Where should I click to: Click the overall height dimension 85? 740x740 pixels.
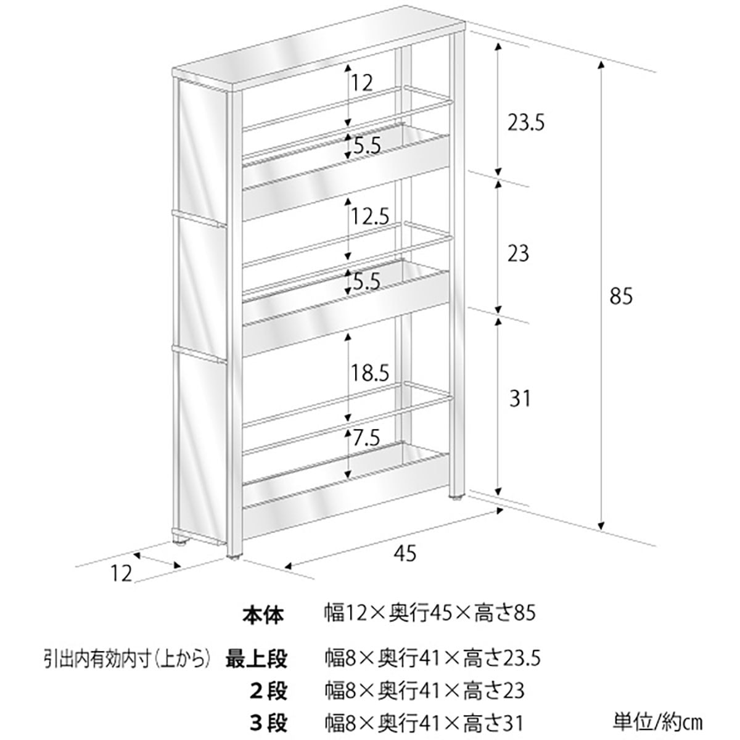(621, 297)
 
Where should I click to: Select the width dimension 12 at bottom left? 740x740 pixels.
(122, 573)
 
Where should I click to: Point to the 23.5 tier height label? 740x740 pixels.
(525, 123)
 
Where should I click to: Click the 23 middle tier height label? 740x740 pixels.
(518, 253)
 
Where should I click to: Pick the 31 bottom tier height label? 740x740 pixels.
(520, 399)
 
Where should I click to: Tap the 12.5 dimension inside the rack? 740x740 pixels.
(371, 216)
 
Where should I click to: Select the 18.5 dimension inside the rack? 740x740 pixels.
(371, 373)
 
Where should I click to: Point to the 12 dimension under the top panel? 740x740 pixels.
(363, 83)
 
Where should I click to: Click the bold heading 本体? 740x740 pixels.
(263, 614)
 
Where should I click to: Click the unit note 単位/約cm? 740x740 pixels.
(657, 721)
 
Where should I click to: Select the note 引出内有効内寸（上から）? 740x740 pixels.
(123, 659)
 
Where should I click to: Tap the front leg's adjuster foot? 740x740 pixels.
(235, 558)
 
